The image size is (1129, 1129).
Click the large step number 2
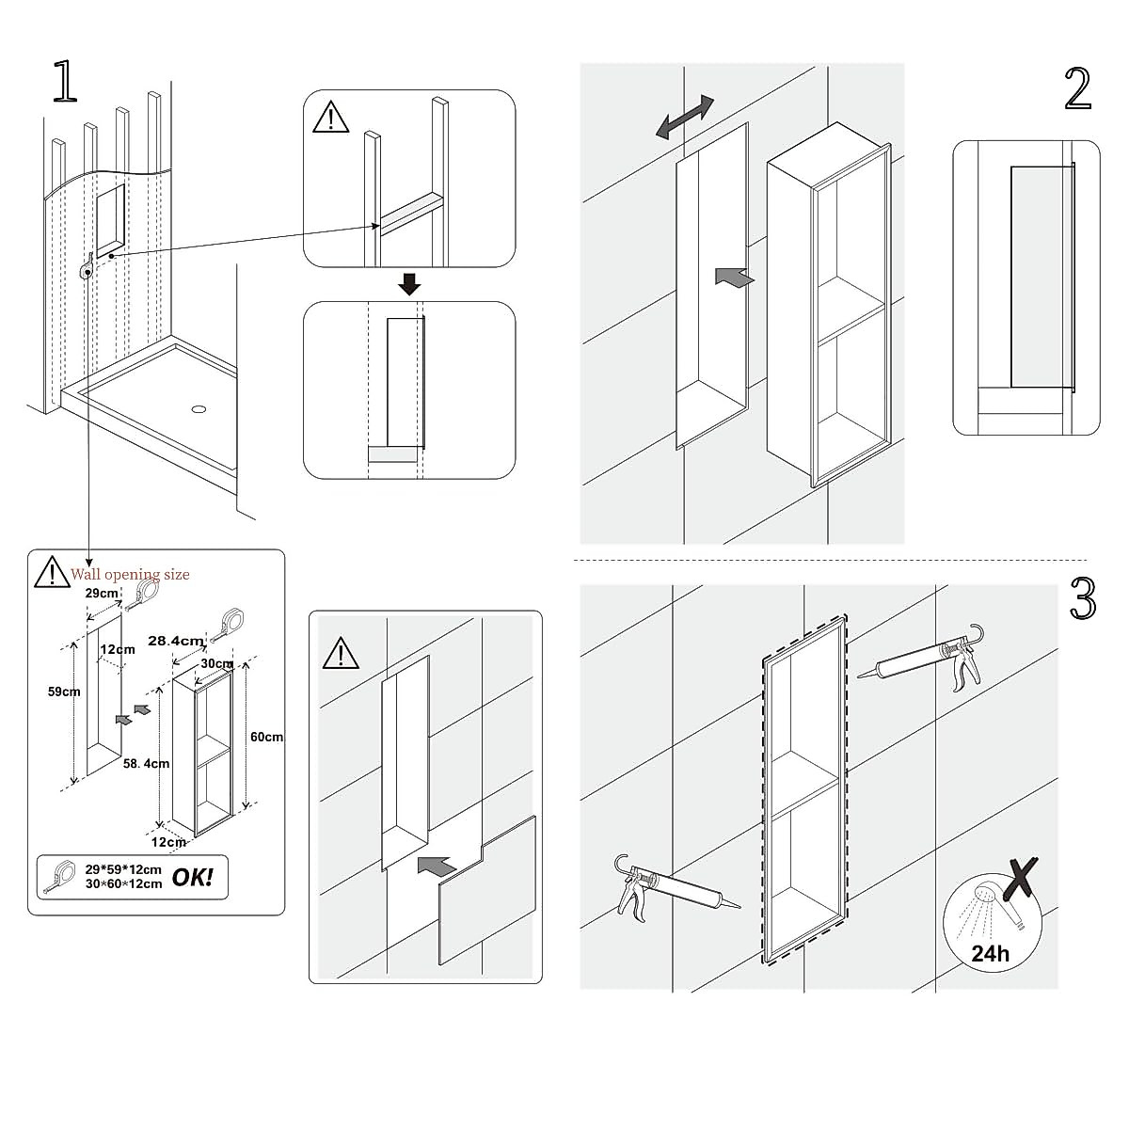point(1078,90)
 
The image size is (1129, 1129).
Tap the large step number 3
point(1083,599)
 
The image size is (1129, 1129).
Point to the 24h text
point(990,953)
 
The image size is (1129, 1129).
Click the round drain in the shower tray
point(199,409)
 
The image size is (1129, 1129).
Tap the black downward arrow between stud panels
point(408,283)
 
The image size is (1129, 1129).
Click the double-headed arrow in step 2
point(685,119)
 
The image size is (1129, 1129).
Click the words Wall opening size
point(130,574)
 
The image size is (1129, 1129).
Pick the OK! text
point(193,878)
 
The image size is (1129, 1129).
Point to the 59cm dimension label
point(64,692)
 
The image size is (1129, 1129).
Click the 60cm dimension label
point(266,737)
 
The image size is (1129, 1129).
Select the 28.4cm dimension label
point(176,640)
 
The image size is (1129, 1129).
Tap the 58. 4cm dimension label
point(146,763)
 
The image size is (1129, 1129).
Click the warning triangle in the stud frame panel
point(330,118)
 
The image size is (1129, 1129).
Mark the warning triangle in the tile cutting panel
point(340,652)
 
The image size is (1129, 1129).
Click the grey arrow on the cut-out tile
point(440,866)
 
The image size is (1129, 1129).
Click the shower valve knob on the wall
point(87,269)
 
